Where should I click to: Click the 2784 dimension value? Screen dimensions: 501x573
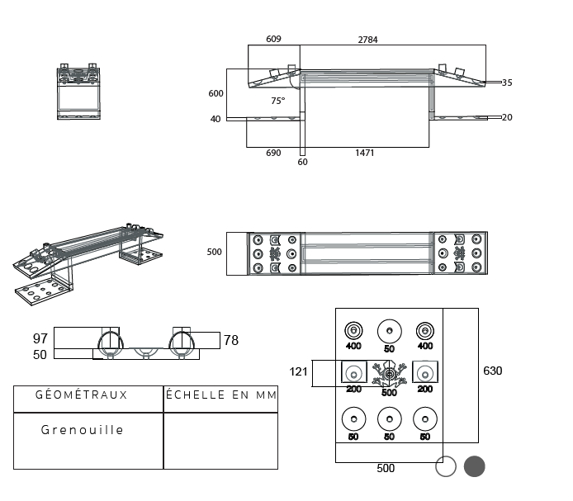click(367, 40)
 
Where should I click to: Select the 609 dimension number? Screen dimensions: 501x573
click(274, 40)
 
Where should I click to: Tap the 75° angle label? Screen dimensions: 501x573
click(278, 101)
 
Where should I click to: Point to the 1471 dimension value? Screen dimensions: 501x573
click(365, 153)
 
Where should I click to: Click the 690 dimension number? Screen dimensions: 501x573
click(273, 153)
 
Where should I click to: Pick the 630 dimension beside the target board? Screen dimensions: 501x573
click(492, 371)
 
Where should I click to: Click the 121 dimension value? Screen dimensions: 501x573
click(298, 371)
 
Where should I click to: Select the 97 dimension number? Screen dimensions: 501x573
click(40, 339)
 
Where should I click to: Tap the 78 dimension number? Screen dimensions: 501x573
click(231, 340)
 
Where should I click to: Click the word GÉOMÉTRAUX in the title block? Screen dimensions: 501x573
click(82, 395)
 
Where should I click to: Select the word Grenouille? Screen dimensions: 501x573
click(83, 430)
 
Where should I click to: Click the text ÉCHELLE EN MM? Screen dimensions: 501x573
click(221, 395)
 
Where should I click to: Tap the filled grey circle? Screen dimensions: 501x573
click(474, 467)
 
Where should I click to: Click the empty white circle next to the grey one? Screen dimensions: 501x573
click(446, 467)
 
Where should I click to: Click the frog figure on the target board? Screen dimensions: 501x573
click(389, 376)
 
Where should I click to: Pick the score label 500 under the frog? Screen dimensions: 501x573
click(389, 392)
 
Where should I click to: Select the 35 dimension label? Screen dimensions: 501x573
click(507, 83)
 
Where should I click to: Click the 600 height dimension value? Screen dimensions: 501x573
click(215, 93)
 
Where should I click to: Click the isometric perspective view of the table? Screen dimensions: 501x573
click(87, 261)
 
